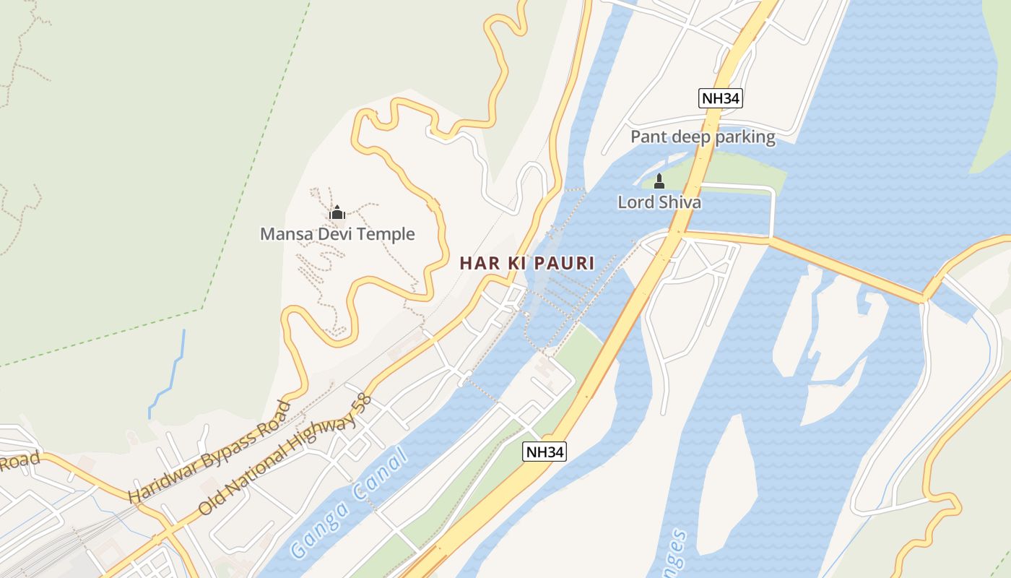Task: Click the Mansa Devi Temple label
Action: (337, 234)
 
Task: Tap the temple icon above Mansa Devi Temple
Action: (337, 212)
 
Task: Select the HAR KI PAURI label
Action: (527, 264)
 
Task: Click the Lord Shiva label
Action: (659, 202)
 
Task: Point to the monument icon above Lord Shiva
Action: (659, 181)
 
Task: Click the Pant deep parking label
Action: (703, 137)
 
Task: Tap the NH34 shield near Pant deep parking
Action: (721, 98)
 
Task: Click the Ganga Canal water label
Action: (349, 504)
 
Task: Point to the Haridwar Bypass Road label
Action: (209, 452)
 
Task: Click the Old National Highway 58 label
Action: (285, 454)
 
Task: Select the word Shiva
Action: (678, 202)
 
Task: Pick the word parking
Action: (747, 137)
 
